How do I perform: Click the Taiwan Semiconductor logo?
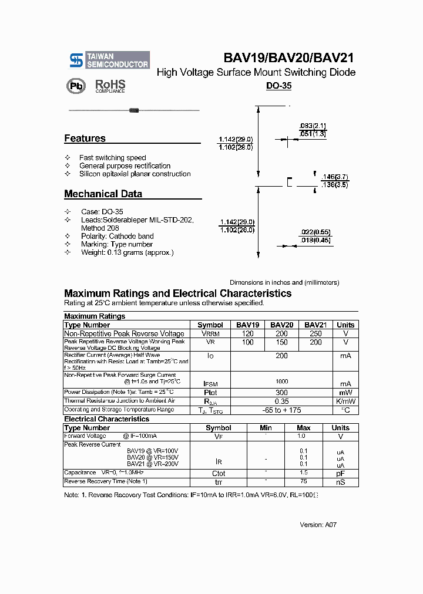point(109,60)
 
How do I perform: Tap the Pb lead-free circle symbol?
point(75,86)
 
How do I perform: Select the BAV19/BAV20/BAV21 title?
point(288,58)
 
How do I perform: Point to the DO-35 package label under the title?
point(278,86)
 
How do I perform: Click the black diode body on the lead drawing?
point(133,110)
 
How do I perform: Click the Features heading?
point(85,139)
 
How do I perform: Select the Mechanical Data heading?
point(103,194)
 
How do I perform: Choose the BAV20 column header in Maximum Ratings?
point(282,325)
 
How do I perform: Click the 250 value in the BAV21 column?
point(315,333)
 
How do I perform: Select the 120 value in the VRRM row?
point(248,333)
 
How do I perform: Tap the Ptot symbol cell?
point(210,393)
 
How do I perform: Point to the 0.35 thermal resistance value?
point(282,401)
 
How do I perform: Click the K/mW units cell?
point(345,401)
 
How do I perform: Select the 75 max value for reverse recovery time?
point(304,482)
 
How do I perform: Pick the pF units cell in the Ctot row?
point(340,473)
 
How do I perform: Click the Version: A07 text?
point(318,525)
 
